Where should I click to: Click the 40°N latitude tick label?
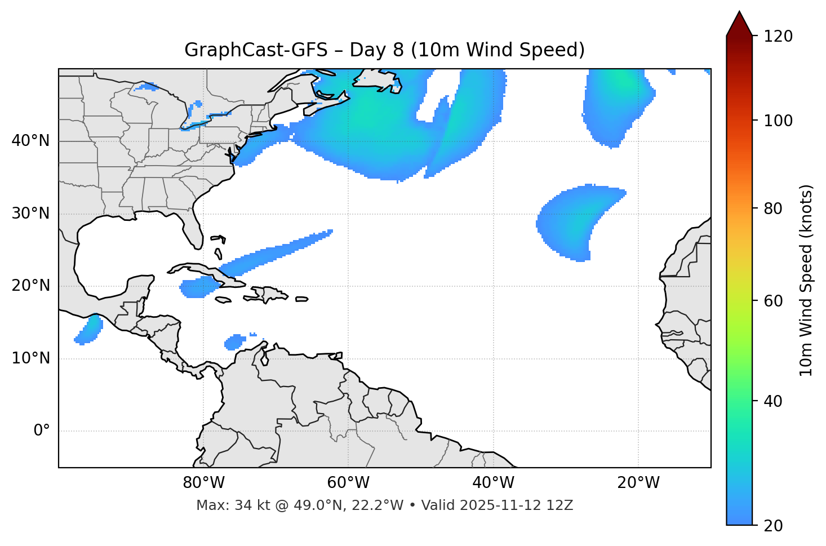click(30, 141)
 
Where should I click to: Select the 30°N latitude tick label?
click(30, 214)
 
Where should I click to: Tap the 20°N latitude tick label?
click(30, 286)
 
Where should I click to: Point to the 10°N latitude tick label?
click(30, 358)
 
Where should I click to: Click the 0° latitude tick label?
click(41, 431)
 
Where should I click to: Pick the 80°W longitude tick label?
click(203, 483)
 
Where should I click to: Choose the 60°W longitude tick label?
click(348, 483)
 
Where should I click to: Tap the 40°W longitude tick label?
click(493, 483)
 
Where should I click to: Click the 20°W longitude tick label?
click(638, 483)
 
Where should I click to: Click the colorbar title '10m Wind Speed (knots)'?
click(806, 280)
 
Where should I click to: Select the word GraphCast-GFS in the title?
click(256, 50)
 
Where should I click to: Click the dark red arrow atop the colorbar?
click(739, 24)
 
